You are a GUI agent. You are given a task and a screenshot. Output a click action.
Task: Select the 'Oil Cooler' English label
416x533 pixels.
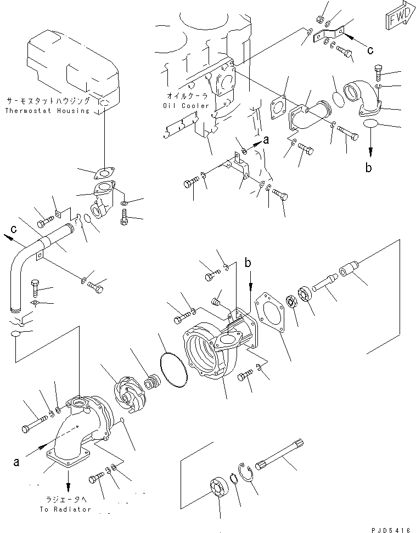(186, 105)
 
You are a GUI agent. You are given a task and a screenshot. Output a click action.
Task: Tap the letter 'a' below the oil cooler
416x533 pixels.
(266, 140)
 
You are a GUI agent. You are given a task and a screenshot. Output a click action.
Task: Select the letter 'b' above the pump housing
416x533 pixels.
(249, 264)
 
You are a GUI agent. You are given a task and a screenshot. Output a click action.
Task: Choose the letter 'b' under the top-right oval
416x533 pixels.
(368, 167)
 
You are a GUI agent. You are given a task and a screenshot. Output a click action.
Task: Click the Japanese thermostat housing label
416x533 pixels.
(48, 101)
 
